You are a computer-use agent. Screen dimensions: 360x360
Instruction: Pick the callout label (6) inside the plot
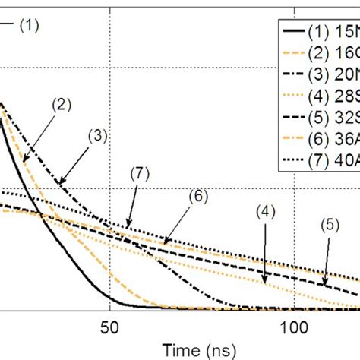196,195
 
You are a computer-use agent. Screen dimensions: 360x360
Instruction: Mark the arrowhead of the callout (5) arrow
323,287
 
